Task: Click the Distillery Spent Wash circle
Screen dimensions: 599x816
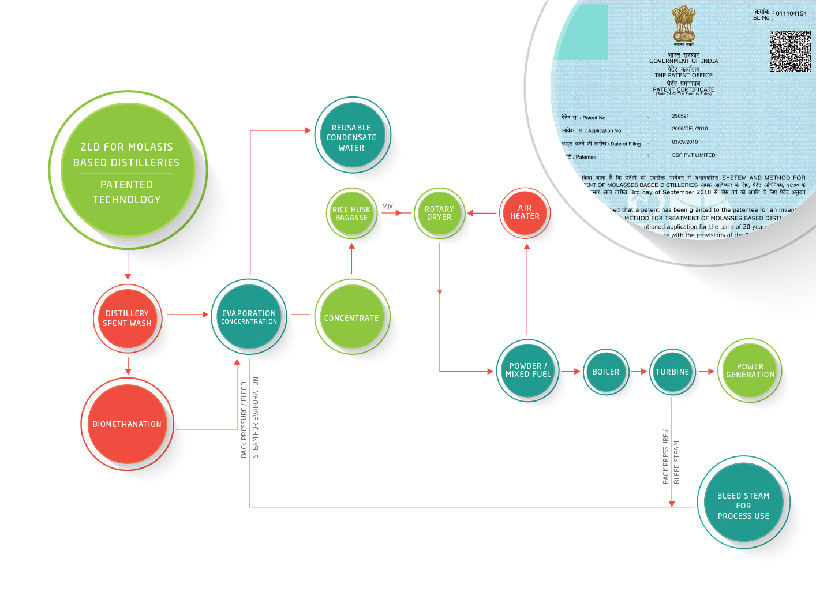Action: tap(127, 319)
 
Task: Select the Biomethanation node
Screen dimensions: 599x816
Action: tap(127, 424)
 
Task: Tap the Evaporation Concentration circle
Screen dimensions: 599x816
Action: tap(249, 317)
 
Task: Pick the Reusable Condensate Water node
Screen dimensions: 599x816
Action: tap(351, 137)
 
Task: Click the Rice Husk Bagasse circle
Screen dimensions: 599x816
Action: tap(351, 214)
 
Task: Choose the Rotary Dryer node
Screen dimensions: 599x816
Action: tap(439, 213)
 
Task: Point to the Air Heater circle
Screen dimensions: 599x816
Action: tap(525, 212)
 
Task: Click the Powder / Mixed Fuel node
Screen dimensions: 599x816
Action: tap(527, 370)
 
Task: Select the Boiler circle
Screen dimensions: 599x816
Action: tap(606, 372)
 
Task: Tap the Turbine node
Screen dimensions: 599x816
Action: tap(672, 372)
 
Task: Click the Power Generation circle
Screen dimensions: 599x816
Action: tap(750, 370)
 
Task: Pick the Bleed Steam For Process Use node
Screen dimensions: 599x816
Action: tap(743, 506)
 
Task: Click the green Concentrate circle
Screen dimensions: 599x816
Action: tap(351, 317)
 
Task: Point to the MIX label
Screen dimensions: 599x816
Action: tap(388, 207)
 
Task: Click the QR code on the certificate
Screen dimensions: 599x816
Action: tap(790, 51)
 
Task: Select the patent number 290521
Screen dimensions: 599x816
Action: tap(680, 116)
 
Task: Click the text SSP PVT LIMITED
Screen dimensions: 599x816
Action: tap(694, 155)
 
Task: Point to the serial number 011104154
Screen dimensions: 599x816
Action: tap(791, 13)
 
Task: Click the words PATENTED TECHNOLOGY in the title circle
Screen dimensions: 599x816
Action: tap(126, 192)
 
